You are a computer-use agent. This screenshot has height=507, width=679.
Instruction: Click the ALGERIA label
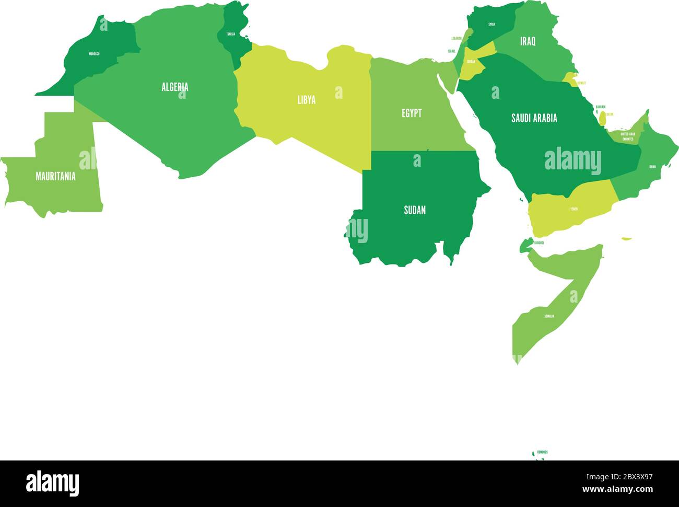174,87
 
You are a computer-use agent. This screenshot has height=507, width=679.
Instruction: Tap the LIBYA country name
307,100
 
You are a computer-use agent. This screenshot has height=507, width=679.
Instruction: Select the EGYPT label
412,113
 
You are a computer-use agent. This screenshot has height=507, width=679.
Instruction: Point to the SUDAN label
415,210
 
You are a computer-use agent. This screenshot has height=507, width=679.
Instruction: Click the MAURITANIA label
55,176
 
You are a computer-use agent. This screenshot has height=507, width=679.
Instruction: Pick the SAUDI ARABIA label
534,118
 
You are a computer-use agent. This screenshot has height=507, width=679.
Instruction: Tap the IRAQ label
528,41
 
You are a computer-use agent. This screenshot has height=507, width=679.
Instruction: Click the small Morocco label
94,54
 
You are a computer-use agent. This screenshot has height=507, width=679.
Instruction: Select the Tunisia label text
230,34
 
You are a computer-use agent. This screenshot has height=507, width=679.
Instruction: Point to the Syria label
491,24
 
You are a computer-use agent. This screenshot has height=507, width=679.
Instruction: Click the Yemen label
574,209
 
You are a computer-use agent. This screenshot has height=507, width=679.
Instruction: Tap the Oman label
652,167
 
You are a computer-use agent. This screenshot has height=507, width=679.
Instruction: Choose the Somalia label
549,316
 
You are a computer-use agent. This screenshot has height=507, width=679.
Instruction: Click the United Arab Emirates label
627,136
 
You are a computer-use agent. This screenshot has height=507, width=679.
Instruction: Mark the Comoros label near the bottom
542,452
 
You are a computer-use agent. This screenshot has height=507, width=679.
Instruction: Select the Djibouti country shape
525,244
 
